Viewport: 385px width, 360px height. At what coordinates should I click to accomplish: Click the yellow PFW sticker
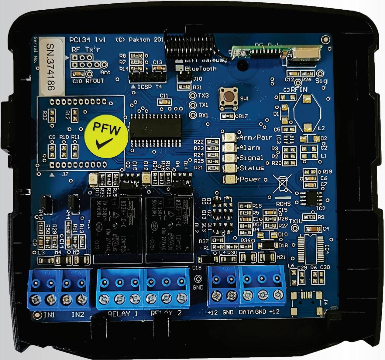tap(106, 137)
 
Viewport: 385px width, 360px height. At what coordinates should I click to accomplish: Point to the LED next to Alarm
tap(229, 148)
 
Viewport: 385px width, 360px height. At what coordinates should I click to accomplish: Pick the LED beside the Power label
tap(229, 179)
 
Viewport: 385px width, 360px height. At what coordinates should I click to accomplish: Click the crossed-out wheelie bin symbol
tap(282, 184)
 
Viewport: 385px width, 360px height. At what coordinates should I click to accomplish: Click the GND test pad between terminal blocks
tap(198, 279)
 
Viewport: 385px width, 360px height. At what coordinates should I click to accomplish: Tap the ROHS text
tap(283, 204)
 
